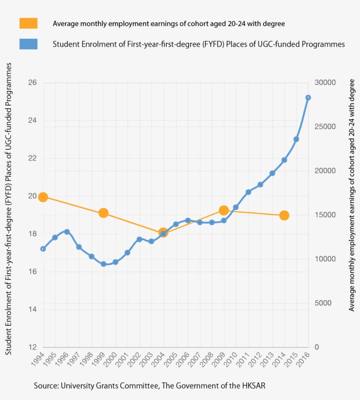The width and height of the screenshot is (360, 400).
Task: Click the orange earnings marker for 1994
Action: tap(43, 197)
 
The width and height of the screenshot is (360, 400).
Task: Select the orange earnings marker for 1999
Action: tap(104, 213)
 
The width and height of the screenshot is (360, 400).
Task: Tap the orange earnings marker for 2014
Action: tap(284, 215)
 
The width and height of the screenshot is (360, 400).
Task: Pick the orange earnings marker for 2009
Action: tap(224, 211)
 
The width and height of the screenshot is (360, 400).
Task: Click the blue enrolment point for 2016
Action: tap(308, 98)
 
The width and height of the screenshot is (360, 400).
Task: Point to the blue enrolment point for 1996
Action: tap(67, 232)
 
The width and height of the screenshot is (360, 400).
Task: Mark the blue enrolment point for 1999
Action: tap(104, 264)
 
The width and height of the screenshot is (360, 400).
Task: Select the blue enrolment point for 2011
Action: tap(248, 192)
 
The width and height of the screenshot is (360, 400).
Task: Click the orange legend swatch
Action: tap(29, 23)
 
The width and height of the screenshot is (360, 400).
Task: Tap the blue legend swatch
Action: tap(29, 44)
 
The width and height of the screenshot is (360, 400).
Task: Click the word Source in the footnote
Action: tap(46, 386)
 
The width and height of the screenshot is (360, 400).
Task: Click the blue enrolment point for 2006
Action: tap(188, 220)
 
